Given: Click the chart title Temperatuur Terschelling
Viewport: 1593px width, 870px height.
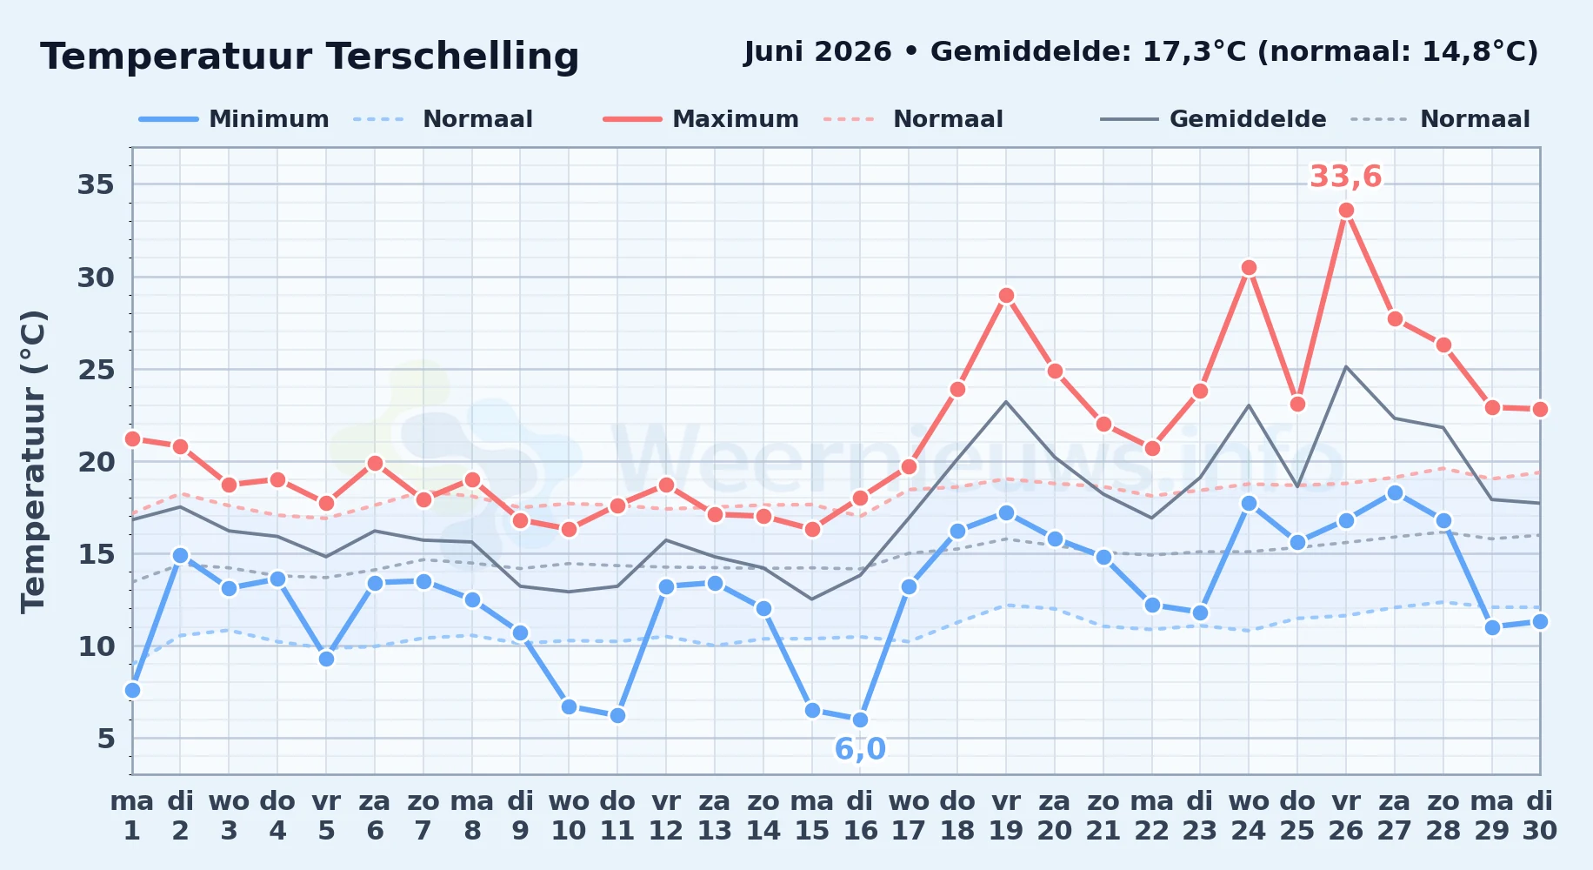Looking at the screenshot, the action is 310,57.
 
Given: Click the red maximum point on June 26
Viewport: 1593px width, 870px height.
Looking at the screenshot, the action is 1346,210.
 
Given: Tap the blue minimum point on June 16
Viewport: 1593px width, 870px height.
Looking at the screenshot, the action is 860,719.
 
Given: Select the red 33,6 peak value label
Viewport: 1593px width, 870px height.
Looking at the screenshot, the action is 1345,177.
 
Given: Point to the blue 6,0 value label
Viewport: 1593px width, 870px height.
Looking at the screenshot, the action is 860,749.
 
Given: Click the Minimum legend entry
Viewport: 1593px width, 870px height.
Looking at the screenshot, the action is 234,119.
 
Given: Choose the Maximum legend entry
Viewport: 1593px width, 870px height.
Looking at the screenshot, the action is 701,119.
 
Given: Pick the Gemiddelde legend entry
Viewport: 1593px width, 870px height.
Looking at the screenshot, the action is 1213,119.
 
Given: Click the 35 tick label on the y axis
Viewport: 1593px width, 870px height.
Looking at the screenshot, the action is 97,184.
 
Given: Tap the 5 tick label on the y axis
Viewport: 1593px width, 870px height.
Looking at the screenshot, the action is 106,739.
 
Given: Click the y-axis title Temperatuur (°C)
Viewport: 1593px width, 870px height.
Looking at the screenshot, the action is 33,461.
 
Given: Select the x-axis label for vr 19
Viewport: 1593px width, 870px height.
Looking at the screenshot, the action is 1006,816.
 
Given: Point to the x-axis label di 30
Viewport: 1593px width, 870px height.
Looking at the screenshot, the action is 1540,816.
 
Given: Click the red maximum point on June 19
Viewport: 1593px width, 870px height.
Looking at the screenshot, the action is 1006,295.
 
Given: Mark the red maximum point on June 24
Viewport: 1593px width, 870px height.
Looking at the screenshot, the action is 1249,267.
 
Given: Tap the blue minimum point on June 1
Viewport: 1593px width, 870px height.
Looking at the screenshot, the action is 132,690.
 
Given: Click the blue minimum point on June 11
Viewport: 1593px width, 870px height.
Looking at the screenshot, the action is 617,715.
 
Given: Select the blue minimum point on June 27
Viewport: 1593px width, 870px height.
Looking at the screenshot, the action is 1395,492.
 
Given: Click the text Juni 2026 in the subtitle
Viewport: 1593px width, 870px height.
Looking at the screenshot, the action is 817,52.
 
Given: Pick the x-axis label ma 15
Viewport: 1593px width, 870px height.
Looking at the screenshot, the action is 812,816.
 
